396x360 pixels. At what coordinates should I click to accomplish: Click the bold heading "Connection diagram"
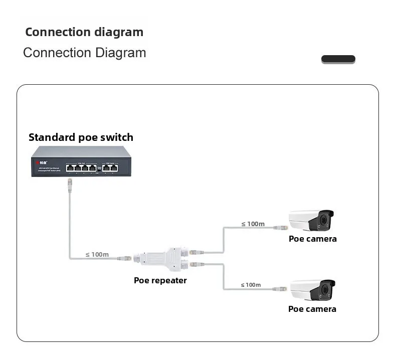pyautogui.click(x=84, y=32)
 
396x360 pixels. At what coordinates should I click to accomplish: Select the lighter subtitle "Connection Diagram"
pyautogui.click(x=85, y=53)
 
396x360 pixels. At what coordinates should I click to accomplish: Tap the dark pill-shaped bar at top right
pyautogui.click(x=338, y=59)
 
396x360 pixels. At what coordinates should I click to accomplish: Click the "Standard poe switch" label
pyautogui.click(x=81, y=137)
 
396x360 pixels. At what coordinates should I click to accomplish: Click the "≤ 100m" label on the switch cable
pyautogui.click(x=97, y=254)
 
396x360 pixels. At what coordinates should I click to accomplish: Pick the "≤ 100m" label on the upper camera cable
pyautogui.click(x=253, y=224)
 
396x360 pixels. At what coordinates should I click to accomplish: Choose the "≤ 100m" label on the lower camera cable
pyautogui.click(x=251, y=285)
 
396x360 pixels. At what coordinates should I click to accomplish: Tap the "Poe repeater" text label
pyautogui.click(x=160, y=280)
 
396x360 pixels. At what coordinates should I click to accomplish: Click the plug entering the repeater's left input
pyautogui.click(x=126, y=258)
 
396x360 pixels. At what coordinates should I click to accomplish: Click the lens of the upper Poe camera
pyautogui.click(x=327, y=220)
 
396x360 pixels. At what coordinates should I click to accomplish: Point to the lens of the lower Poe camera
pyautogui.click(x=328, y=290)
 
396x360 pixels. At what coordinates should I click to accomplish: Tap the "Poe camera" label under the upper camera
pyautogui.click(x=312, y=239)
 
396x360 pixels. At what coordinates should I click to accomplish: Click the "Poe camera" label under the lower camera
pyautogui.click(x=312, y=309)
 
